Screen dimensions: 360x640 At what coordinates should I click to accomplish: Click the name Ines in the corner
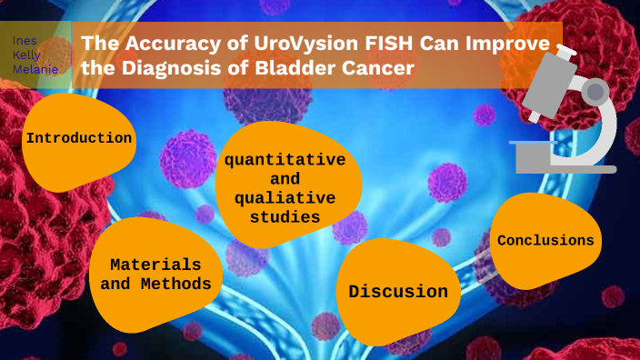pos(25,41)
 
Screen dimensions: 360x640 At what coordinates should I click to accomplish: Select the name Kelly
pos(26,55)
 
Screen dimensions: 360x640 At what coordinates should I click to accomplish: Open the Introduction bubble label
pos(79,138)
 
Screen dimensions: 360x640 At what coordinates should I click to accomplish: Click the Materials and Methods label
pos(155,274)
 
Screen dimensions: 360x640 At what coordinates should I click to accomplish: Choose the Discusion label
pos(398,292)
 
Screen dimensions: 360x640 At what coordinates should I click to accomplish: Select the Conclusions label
pos(545,240)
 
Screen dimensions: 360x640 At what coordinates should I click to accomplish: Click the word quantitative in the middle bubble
pos(285,159)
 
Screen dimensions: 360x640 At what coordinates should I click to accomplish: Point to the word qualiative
pos(285,197)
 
